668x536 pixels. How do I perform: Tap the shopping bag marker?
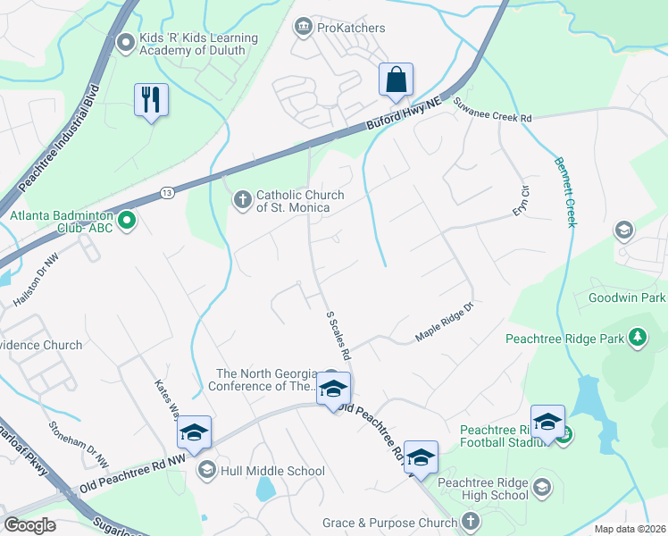(395, 80)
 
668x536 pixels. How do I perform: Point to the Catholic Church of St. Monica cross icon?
(242, 200)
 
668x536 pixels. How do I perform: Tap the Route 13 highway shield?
(167, 192)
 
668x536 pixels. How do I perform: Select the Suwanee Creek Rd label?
(492, 118)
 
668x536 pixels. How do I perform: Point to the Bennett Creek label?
(564, 192)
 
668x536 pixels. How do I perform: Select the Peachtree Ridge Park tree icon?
(638, 338)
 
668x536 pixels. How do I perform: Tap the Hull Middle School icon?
(206, 470)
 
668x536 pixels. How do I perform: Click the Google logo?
(29, 524)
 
